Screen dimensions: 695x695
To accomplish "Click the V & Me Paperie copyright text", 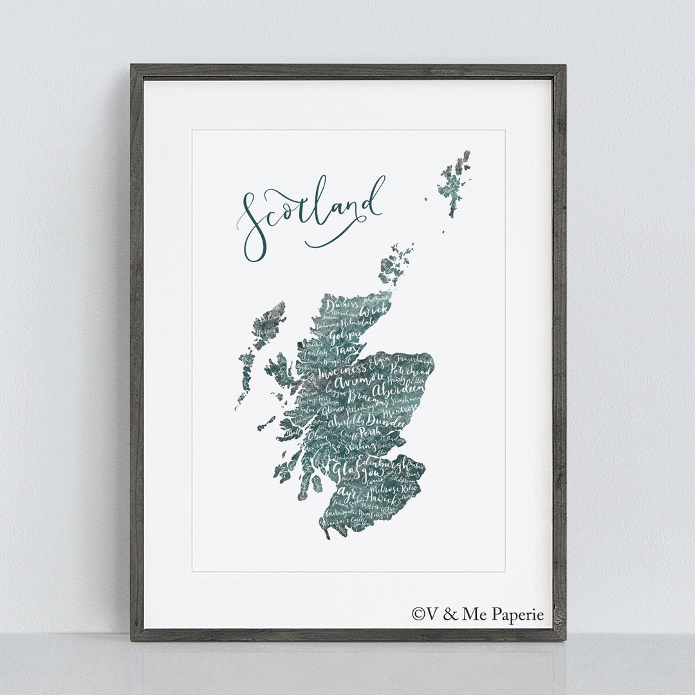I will (x=477, y=614).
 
